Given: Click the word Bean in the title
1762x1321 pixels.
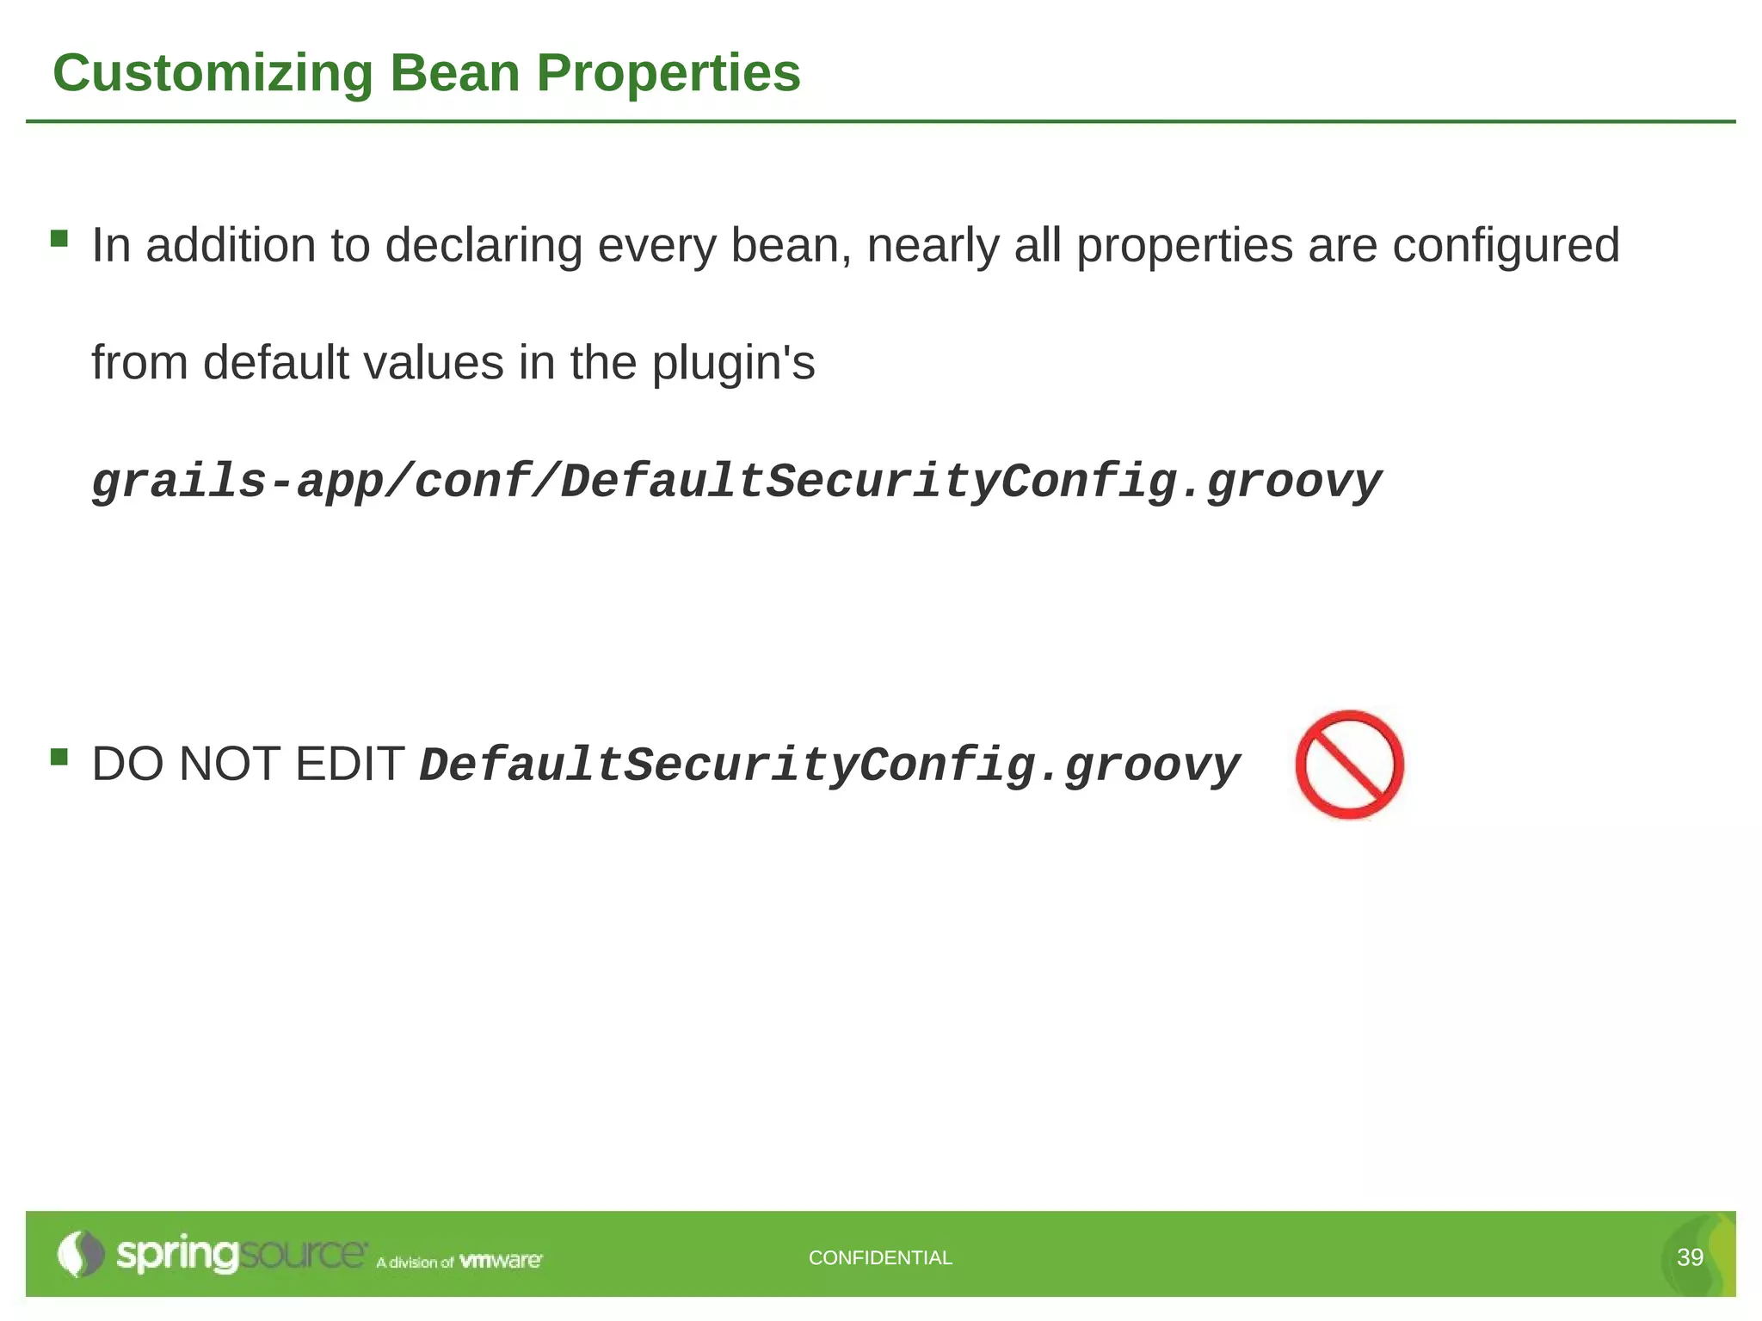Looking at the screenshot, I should tap(454, 73).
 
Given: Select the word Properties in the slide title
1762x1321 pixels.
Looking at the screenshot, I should tap(668, 73).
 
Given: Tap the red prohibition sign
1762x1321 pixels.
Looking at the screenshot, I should tap(1349, 765).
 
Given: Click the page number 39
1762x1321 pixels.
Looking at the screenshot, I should tap(1690, 1257).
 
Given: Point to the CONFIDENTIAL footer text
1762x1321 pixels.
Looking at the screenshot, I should tap(880, 1257).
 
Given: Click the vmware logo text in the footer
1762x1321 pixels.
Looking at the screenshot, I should tap(501, 1261).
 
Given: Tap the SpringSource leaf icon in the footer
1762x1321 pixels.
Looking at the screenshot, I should tap(79, 1254).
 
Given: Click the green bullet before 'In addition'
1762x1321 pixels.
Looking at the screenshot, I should tap(59, 238).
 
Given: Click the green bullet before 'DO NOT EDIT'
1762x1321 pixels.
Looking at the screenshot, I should tap(59, 757).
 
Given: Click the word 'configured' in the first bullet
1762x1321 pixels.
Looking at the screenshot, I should tap(1506, 246).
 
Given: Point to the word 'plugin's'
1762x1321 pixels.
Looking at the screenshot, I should tap(733, 363).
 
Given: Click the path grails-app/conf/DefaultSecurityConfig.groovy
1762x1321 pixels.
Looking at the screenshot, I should tap(736, 482).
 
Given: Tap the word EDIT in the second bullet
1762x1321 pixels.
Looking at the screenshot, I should tap(349, 764).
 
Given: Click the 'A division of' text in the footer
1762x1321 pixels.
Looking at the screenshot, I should tap(414, 1263).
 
